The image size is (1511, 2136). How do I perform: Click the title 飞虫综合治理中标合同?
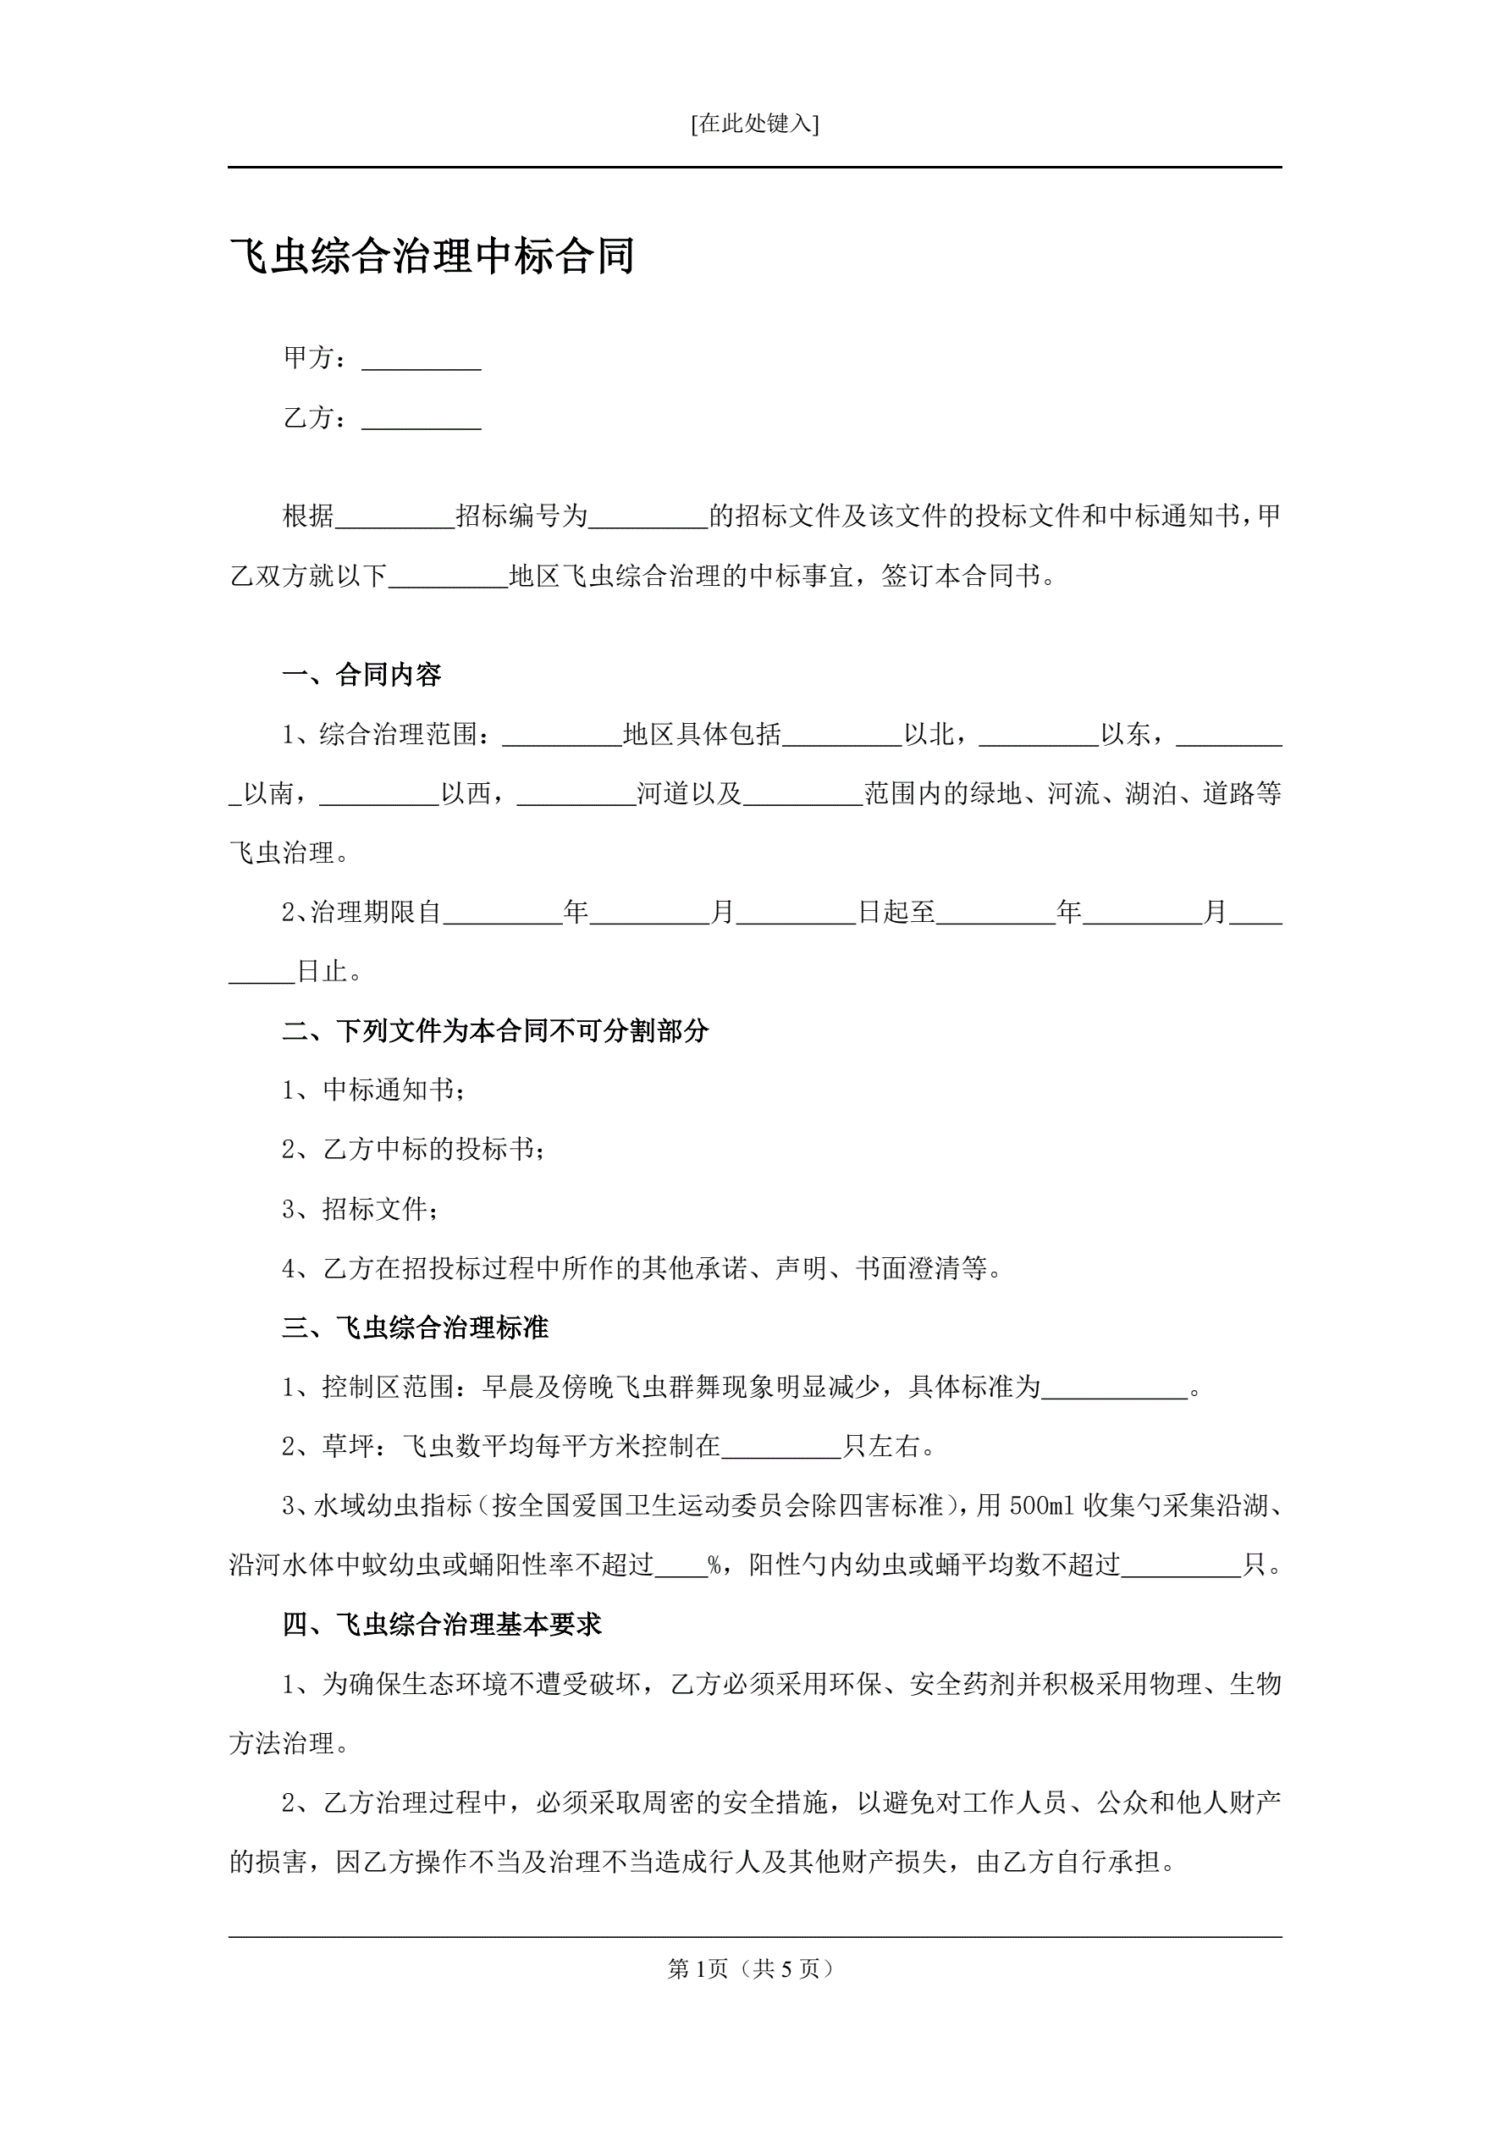tap(432, 257)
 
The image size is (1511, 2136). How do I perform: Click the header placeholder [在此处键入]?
tap(754, 124)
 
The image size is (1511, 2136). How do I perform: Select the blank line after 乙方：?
tap(421, 421)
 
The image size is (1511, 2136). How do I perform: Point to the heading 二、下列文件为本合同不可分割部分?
tap(495, 1031)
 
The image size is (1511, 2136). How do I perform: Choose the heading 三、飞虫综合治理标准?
tap(415, 1327)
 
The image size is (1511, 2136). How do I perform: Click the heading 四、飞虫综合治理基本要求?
tap(442, 1625)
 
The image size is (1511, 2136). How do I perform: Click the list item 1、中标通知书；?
tap(373, 1090)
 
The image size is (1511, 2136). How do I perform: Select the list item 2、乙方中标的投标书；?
tap(413, 1150)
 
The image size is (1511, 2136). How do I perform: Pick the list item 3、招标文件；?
tap(360, 1210)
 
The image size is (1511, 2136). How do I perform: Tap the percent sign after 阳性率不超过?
tap(714, 1565)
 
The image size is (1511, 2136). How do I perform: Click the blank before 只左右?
tap(781, 1448)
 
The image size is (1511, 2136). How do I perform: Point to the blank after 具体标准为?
tap(1115, 1388)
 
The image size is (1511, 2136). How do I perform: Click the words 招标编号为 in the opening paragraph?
tap(521, 516)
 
